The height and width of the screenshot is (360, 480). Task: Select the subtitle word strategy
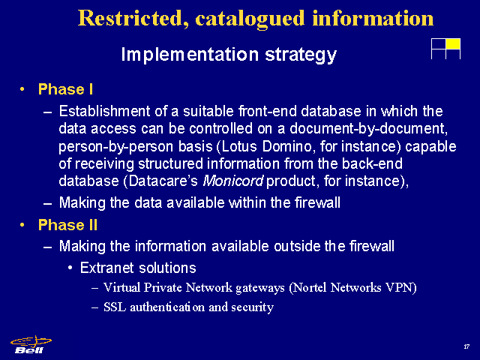pyautogui.click(x=301, y=55)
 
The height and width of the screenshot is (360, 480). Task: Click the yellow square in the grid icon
pyautogui.click(x=453, y=43)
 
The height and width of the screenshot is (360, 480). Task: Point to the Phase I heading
pyautogui.click(x=65, y=89)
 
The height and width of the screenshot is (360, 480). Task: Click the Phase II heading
pyautogui.click(x=67, y=225)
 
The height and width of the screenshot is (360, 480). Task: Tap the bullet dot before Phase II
pyautogui.click(x=22, y=225)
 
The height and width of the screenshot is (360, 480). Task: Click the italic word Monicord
pyautogui.click(x=233, y=181)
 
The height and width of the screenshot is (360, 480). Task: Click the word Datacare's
pyautogui.click(x=163, y=181)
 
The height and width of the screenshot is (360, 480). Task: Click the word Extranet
pyautogui.click(x=106, y=268)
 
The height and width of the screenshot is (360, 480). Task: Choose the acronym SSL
pyautogui.click(x=115, y=307)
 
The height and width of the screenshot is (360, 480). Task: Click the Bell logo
pyautogui.click(x=31, y=345)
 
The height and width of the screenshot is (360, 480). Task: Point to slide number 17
pyautogui.click(x=466, y=346)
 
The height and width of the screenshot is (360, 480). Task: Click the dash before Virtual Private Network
pyautogui.click(x=95, y=288)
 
